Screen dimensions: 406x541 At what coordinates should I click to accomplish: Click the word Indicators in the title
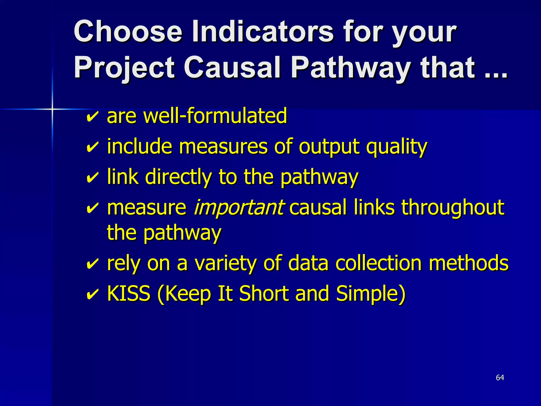tap(263, 32)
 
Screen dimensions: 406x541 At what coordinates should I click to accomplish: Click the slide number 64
tap(500, 377)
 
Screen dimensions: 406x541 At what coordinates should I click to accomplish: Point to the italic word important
tap(239, 207)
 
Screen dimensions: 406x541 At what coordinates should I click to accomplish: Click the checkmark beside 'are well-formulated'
tap(92, 116)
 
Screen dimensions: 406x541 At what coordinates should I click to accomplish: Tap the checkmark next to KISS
tap(92, 294)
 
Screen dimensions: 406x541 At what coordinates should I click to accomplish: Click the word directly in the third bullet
tap(178, 177)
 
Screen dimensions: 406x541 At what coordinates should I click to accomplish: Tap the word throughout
tap(453, 207)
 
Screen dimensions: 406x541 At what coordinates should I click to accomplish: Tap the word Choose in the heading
tap(128, 32)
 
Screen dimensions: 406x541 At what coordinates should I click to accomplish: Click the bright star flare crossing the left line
tap(52, 109)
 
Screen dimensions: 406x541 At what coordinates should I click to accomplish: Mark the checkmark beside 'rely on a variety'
tap(92, 264)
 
